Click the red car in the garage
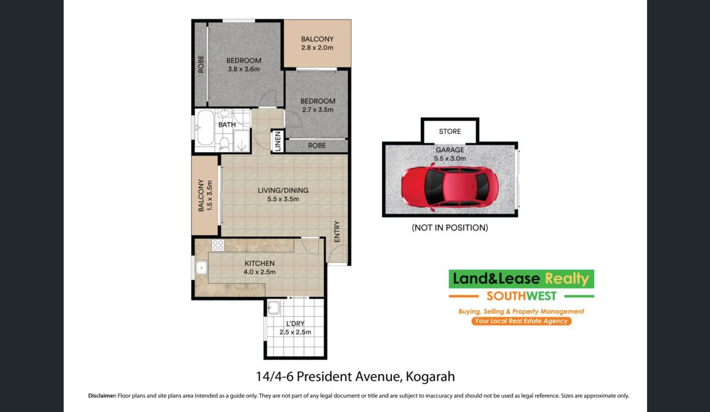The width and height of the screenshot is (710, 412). pyautogui.click(x=450, y=187)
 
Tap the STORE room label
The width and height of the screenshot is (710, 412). pyautogui.click(x=450, y=132)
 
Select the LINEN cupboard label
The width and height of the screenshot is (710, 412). pyautogui.click(x=278, y=141)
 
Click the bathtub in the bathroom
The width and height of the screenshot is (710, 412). pyautogui.click(x=206, y=128)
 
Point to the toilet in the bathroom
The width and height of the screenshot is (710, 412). pyautogui.click(x=224, y=144)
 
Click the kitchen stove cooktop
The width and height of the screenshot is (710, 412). pyautogui.click(x=218, y=245)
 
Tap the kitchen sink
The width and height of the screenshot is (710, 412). pyautogui.click(x=202, y=268)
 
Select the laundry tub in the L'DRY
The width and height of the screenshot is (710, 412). pyautogui.click(x=274, y=307)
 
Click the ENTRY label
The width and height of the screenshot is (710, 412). pyautogui.click(x=337, y=232)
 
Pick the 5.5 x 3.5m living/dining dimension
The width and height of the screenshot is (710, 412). pyautogui.click(x=283, y=199)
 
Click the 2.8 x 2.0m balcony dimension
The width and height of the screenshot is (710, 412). pyautogui.click(x=317, y=48)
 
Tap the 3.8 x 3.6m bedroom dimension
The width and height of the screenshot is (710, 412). pyautogui.click(x=244, y=69)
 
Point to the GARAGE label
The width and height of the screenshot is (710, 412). pyautogui.click(x=450, y=150)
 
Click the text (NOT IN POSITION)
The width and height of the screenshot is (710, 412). pyautogui.click(x=450, y=228)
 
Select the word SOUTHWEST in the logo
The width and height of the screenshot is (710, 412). pyautogui.click(x=522, y=296)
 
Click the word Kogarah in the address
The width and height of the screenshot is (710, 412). pyautogui.click(x=430, y=377)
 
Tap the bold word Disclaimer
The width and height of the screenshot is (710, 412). pyautogui.click(x=102, y=396)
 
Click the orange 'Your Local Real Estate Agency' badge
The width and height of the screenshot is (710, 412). pyautogui.click(x=522, y=321)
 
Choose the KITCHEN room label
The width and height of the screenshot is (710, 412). pyautogui.click(x=259, y=263)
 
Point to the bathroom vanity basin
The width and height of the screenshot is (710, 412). pyautogui.click(x=224, y=113)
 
